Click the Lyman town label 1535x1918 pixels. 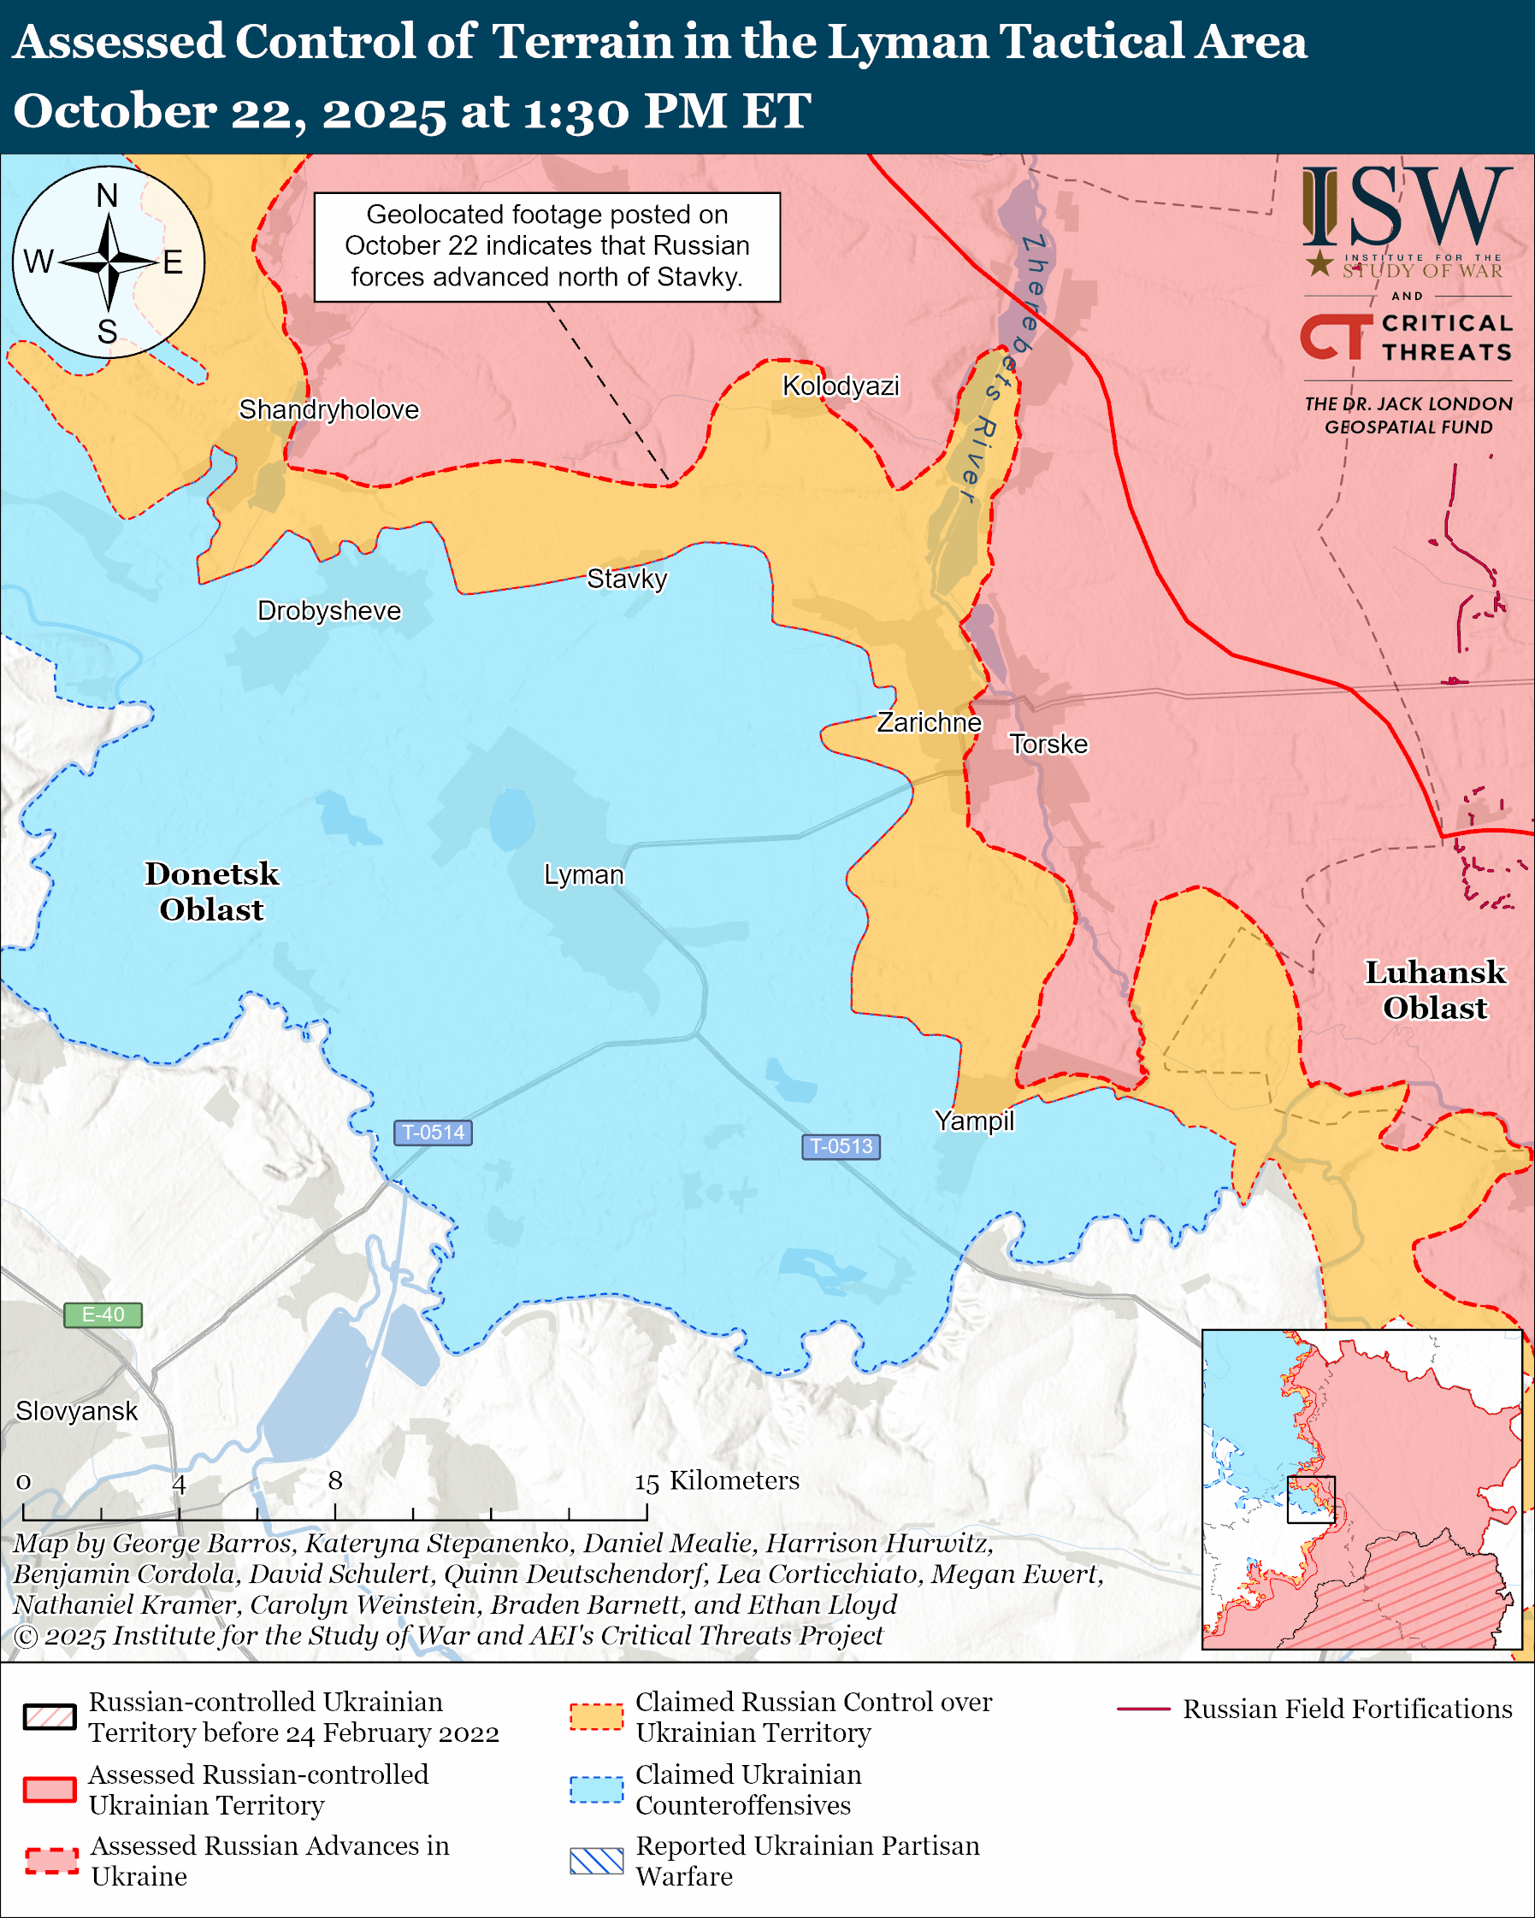tap(584, 875)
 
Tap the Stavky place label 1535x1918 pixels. tap(627, 580)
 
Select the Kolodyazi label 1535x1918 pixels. tap(840, 386)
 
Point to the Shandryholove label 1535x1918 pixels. tap(328, 410)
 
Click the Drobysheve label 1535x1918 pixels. tap(328, 611)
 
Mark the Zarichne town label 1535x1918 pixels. tap(929, 722)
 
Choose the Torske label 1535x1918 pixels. tap(1048, 744)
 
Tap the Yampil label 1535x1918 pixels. tap(973, 1121)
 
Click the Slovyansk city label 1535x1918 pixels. tap(76, 1411)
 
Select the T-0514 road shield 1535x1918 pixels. tap(433, 1133)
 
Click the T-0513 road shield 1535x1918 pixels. tap(841, 1146)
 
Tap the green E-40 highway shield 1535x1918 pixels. tap(103, 1315)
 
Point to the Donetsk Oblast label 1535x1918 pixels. tap(212, 891)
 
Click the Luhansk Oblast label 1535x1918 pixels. tap(1434, 990)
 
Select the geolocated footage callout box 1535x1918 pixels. tap(546, 246)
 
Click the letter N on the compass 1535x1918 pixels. tap(107, 196)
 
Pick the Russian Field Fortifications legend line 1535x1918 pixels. tap(1143, 1708)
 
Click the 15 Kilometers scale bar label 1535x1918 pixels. tap(717, 1480)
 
